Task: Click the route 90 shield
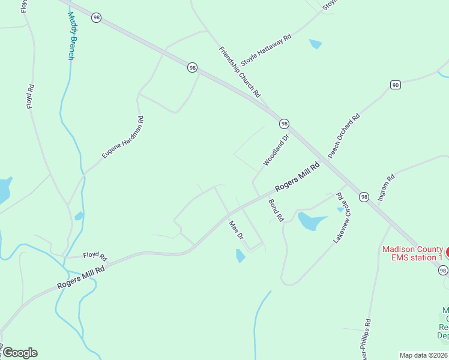coord(395,85)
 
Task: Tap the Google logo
coord(19,353)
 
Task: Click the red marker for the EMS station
coord(447,251)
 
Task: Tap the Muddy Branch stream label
coord(71,37)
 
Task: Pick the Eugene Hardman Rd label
coord(123,137)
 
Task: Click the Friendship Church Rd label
coord(240,72)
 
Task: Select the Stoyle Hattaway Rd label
coord(266,50)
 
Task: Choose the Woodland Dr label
coord(276,150)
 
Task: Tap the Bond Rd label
coord(276,211)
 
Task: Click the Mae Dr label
coord(236,230)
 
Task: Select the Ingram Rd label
coord(387,187)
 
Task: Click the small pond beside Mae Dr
coord(240,256)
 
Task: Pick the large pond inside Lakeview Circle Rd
coord(311,221)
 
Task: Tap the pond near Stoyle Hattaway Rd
coord(315,44)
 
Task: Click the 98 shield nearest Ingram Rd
coord(364,197)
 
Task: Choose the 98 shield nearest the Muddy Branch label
coord(96,18)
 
